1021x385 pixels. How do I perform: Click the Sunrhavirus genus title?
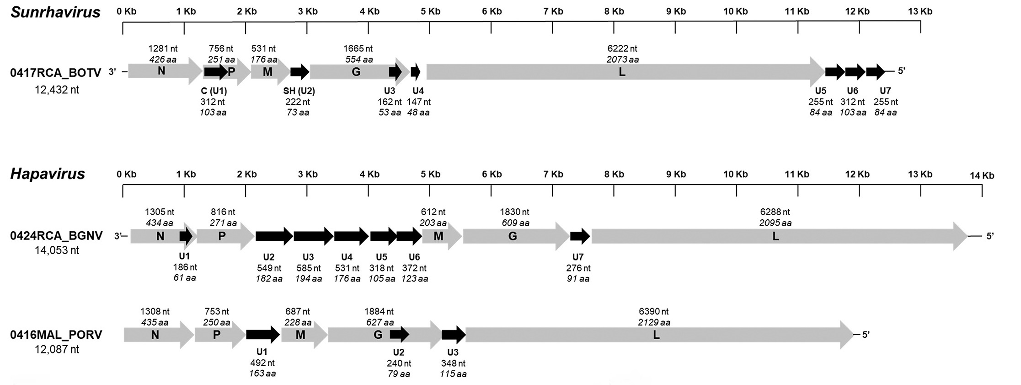click(55, 12)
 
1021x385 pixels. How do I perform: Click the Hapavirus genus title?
click(48, 174)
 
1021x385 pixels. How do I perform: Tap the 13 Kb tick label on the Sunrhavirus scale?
click(920, 11)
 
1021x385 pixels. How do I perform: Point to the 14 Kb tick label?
click(982, 175)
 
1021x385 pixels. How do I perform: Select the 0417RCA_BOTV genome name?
click(56, 73)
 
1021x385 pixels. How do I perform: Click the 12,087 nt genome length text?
click(57, 349)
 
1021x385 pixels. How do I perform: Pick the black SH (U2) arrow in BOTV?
click(300, 71)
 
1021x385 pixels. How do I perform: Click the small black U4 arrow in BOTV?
click(416, 71)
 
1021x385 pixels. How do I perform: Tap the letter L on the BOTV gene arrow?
click(622, 72)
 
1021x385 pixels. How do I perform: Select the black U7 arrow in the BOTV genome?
click(876, 71)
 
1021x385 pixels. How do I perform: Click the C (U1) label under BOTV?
click(214, 91)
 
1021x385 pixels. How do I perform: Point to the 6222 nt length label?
click(622, 49)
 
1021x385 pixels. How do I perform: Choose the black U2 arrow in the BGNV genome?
click(274, 236)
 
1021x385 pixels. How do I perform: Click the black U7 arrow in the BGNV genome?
click(580, 236)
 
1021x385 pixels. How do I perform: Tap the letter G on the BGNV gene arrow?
click(513, 236)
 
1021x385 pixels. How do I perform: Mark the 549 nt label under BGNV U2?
click(269, 268)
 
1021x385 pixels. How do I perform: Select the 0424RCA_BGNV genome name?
click(56, 236)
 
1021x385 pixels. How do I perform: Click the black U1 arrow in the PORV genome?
click(263, 335)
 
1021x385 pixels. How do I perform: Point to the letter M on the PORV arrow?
click(300, 335)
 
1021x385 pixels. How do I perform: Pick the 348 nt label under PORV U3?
click(453, 363)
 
